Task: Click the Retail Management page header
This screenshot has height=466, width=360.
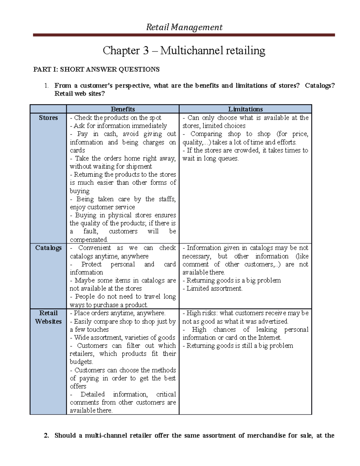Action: click(x=184, y=27)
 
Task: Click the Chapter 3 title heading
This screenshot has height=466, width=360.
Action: click(x=184, y=50)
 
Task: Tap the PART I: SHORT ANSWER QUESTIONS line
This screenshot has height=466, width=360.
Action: click(x=96, y=70)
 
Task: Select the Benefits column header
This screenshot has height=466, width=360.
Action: click(x=123, y=109)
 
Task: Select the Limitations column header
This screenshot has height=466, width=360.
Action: click(x=245, y=109)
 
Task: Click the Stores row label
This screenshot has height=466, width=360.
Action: click(x=48, y=118)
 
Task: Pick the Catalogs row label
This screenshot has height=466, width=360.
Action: click(x=48, y=248)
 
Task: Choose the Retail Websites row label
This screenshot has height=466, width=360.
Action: click(x=48, y=317)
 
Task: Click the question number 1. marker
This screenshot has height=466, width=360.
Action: click(x=46, y=86)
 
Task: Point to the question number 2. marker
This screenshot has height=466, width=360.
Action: click(x=46, y=436)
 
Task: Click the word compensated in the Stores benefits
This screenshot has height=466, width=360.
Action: click(x=88, y=240)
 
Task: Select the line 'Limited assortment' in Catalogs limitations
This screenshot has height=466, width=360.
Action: click(x=214, y=289)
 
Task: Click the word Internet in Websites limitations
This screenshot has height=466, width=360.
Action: click(x=269, y=338)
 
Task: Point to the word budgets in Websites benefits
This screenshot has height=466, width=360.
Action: click(x=81, y=362)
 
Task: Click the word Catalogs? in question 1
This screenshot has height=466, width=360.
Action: click(x=319, y=86)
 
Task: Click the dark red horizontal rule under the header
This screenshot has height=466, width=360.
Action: click(x=184, y=35)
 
